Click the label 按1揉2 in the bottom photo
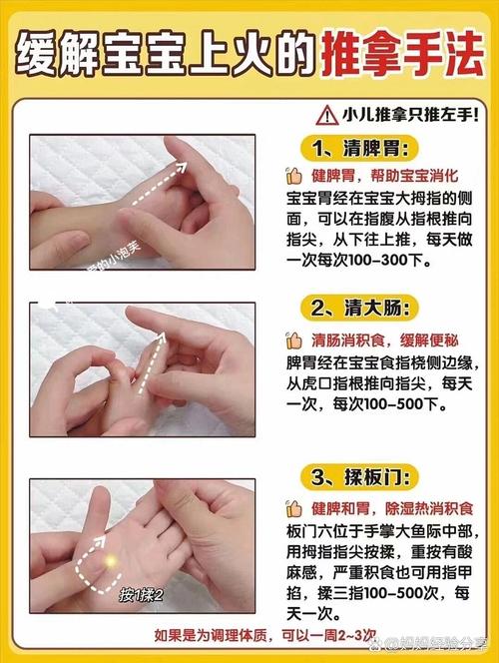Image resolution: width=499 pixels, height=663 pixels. [141, 596]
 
